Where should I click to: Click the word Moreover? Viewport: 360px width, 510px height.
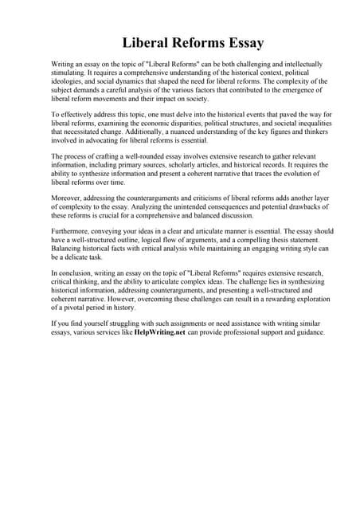[67, 196]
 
